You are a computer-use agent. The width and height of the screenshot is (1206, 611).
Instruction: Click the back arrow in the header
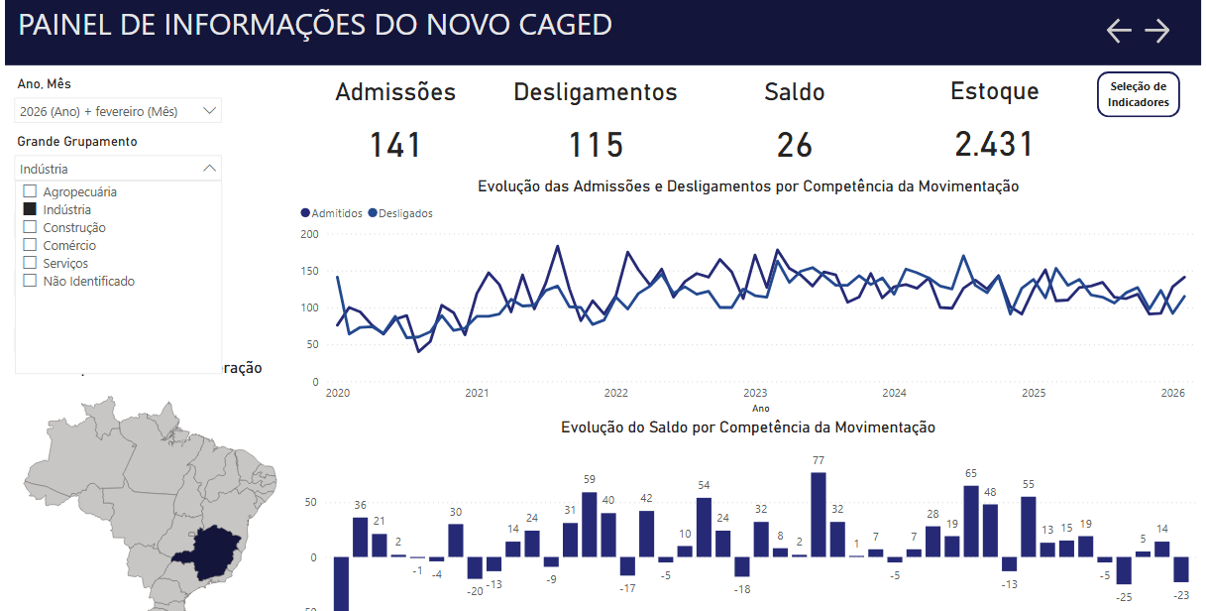point(1119,31)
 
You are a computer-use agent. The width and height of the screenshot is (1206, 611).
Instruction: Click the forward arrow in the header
point(1157,31)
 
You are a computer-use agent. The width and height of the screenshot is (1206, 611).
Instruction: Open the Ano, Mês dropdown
point(118,111)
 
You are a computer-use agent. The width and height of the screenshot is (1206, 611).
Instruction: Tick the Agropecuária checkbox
point(30,191)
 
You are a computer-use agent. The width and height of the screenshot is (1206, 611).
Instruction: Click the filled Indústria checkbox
point(30,209)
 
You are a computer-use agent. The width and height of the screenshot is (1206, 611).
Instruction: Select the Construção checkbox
point(30,227)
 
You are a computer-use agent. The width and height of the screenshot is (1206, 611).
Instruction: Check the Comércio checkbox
point(30,245)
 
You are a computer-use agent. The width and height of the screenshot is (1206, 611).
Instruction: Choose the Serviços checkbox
point(30,263)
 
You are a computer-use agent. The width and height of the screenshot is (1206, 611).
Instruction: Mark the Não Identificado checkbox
point(30,281)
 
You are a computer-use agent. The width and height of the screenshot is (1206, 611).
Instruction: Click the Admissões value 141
point(395,145)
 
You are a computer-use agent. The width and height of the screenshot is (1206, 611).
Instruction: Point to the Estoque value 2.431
point(994,145)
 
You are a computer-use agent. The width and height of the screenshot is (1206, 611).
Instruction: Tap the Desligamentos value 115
point(596,145)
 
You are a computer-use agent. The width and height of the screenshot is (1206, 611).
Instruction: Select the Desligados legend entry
point(400,213)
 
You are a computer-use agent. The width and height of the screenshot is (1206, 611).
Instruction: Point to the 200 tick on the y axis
point(310,234)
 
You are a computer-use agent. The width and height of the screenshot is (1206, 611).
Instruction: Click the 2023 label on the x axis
point(755,393)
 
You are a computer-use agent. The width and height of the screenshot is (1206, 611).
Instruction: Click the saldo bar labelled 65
point(971,521)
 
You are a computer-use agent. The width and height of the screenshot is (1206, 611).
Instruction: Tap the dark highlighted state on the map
point(208,553)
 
